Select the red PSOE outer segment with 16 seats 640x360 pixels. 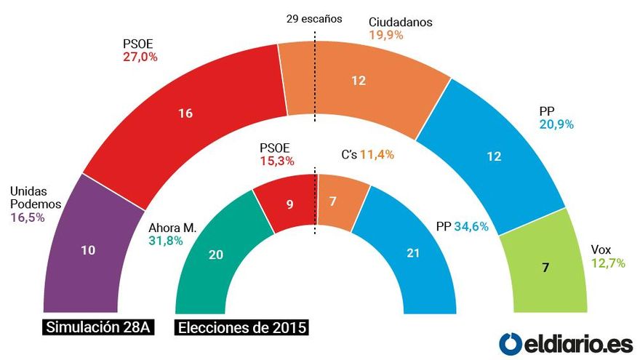click(x=185, y=114)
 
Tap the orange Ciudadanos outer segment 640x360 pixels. click(x=359, y=81)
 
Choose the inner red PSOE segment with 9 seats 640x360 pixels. click(x=289, y=204)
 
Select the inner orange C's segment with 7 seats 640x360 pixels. click(x=332, y=201)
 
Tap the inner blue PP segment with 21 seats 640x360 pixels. click(x=412, y=254)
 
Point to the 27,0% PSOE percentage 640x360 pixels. click(x=140, y=56)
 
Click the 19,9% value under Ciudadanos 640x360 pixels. click(x=387, y=35)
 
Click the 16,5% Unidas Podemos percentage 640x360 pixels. click(x=28, y=216)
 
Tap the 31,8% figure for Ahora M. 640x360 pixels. click(x=165, y=241)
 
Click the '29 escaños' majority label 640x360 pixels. click(x=314, y=18)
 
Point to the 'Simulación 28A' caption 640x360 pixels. click(x=97, y=327)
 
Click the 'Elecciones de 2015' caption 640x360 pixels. click(x=242, y=328)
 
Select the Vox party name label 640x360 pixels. click(x=601, y=249)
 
